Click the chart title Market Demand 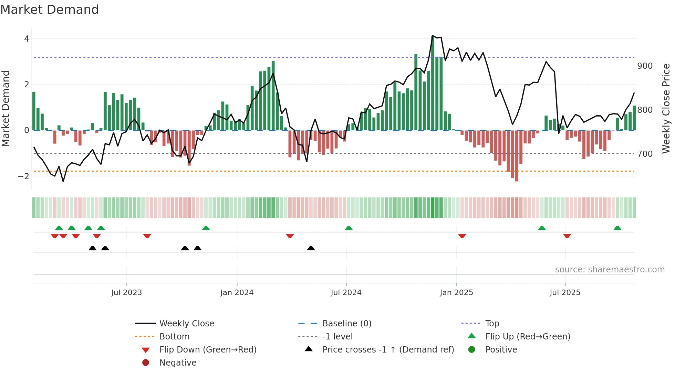[x=50, y=10]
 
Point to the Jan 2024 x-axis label [x=237, y=293]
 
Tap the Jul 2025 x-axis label [x=565, y=293]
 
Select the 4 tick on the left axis [x=27, y=39]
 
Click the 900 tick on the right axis [x=645, y=66]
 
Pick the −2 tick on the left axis [x=24, y=176]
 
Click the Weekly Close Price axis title [x=666, y=108]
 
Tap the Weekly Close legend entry [x=186, y=324]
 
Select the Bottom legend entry [x=174, y=337]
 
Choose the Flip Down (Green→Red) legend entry [x=208, y=350]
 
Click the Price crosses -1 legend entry [x=388, y=350]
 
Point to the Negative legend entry [x=178, y=363]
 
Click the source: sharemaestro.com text [x=610, y=270]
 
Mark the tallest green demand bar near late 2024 [x=433, y=83]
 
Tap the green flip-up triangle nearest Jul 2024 [x=349, y=228]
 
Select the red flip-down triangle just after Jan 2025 [x=462, y=236]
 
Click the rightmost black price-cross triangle [x=311, y=248]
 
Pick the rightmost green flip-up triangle [x=617, y=228]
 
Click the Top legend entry [x=492, y=324]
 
